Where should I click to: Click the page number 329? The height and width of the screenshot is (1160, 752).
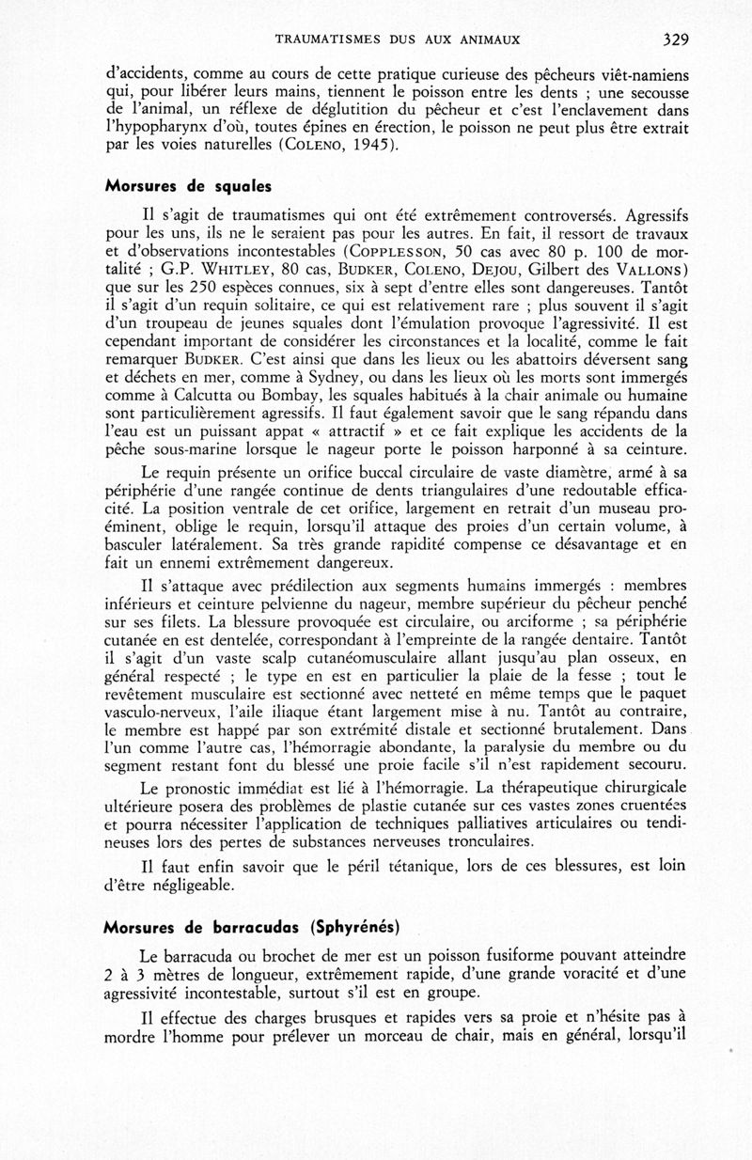[x=677, y=39]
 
